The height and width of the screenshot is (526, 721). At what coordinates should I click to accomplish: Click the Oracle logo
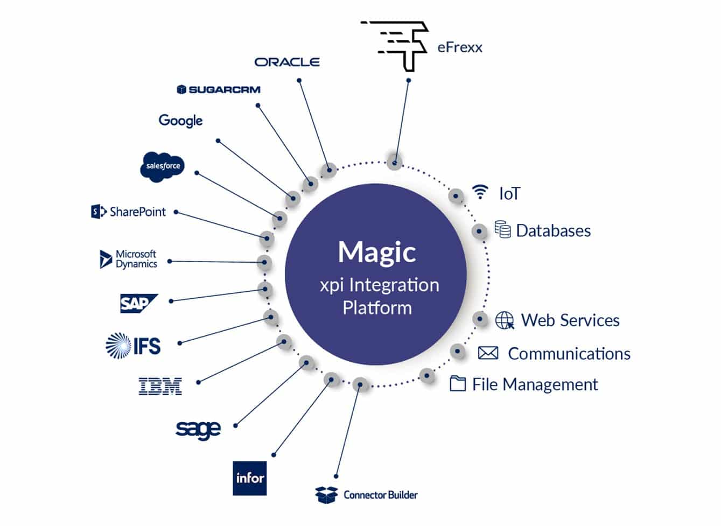click(287, 62)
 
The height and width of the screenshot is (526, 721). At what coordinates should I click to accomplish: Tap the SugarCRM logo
click(219, 89)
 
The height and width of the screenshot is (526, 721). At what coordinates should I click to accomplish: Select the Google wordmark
click(180, 120)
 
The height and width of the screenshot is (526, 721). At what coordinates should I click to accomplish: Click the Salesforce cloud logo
click(162, 166)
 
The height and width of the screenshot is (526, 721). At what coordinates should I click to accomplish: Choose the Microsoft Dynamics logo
click(129, 259)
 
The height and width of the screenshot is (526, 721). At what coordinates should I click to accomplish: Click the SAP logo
click(138, 303)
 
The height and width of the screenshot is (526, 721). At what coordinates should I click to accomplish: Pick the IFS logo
click(133, 345)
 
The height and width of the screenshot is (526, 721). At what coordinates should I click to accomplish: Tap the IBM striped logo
click(160, 386)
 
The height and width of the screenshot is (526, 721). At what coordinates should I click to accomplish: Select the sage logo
click(198, 429)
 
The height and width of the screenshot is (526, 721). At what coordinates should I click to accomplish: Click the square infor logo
click(249, 478)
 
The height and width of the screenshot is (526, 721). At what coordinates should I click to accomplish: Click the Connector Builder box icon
click(326, 495)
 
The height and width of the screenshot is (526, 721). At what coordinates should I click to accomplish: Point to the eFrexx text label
click(460, 47)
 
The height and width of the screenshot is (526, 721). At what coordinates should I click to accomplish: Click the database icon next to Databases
click(502, 229)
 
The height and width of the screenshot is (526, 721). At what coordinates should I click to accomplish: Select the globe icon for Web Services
click(505, 320)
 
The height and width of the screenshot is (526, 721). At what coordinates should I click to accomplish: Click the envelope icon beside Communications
click(488, 353)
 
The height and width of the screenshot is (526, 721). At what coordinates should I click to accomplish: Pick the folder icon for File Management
click(458, 383)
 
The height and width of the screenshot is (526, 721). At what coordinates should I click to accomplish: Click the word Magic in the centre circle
click(377, 252)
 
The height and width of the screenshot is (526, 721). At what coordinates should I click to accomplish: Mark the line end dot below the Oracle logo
click(299, 81)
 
